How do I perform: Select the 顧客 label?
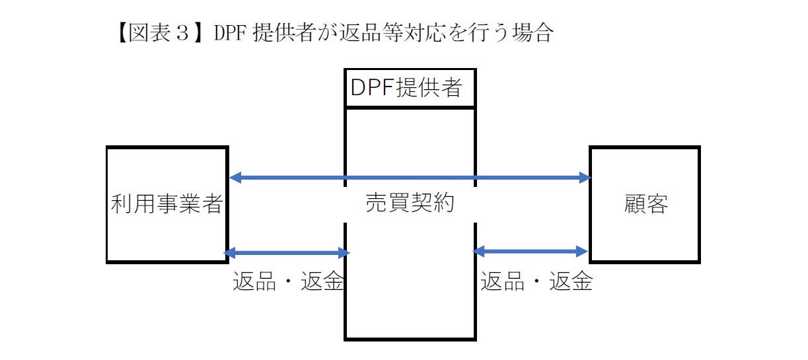point(645,205)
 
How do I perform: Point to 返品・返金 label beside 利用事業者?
point(288,282)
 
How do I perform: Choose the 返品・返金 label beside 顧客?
point(536,282)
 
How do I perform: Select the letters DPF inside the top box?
point(372,88)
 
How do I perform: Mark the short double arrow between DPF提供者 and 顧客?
point(531,251)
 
